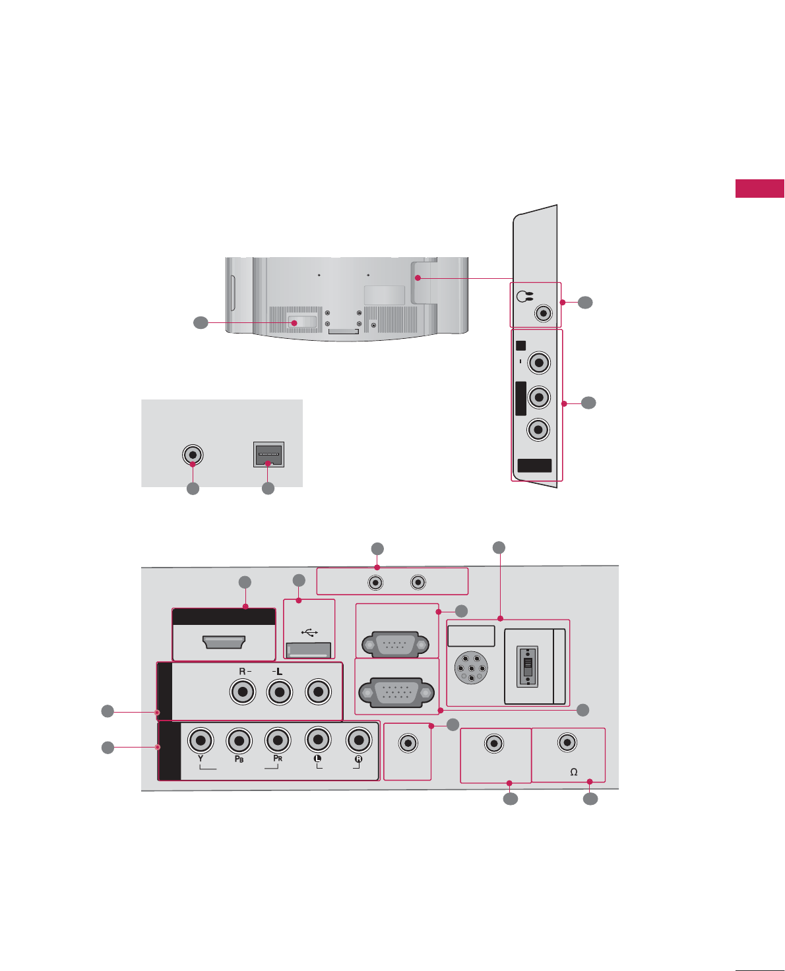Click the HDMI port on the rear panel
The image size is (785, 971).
pyautogui.click(x=224, y=641)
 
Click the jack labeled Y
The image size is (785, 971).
pyautogui.click(x=201, y=740)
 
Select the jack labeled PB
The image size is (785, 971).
pyautogui.click(x=239, y=740)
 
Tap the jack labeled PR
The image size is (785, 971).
pyautogui.click(x=278, y=740)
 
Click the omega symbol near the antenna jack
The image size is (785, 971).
pyautogui.click(x=574, y=772)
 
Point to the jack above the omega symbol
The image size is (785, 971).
pyautogui.click(x=567, y=742)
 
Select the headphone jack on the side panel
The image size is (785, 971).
pyautogui.click(x=543, y=312)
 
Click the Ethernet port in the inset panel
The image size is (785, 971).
pyautogui.click(x=268, y=454)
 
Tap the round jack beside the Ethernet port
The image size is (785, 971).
pyautogui.click(x=193, y=455)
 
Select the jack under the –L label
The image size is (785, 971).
pyautogui.click(x=280, y=692)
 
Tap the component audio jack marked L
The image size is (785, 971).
pyautogui.click(x=318, y=740)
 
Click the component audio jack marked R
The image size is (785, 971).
pyautogui.click(x=358, y=740)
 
